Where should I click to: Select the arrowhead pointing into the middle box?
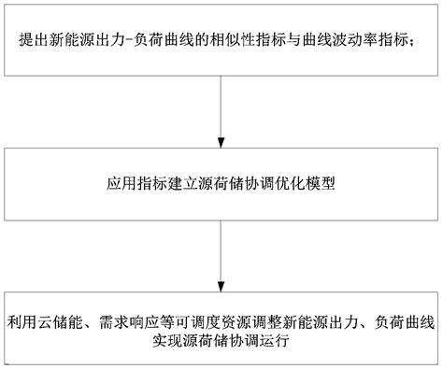click(x=221, y=141)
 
